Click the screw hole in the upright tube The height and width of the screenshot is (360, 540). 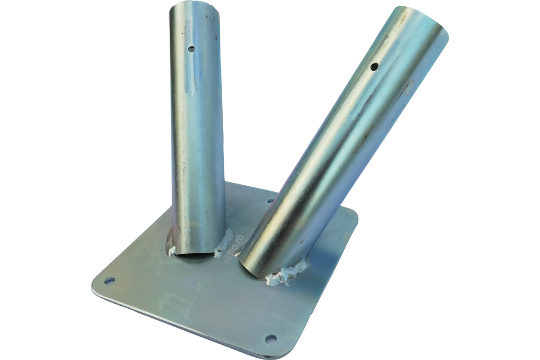[x=191, y=49]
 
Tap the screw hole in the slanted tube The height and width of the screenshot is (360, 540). [x=374, y=66]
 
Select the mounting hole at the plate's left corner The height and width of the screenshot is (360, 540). [x=110, y=281]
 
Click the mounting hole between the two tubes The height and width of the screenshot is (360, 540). [x=270, y=200]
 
